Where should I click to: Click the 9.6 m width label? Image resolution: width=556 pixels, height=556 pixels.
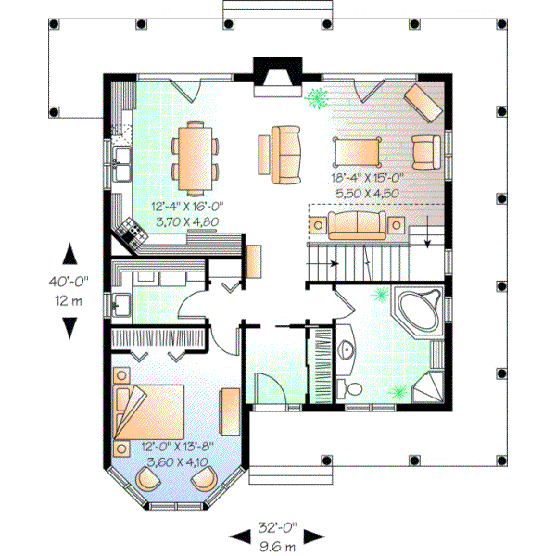pyautogui.click(x=277, y=546)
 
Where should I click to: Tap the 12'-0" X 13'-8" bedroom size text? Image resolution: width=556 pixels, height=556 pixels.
pyautogui.click(x=172, y=445)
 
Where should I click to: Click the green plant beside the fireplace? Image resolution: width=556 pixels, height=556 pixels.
pyautogui.click(x=317, y=96)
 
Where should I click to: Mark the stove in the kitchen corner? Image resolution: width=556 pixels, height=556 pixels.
pyautogui.click(x=131, y=233)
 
